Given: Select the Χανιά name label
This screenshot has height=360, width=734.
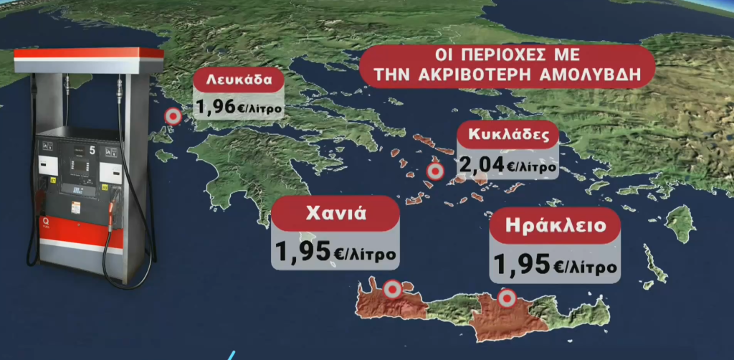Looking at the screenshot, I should pos(335,213).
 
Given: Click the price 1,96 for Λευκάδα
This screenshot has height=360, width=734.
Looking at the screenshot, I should pos(215,108).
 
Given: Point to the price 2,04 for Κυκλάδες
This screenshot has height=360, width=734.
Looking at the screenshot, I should pos(482,166).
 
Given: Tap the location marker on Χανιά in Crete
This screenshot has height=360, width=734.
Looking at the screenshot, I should pos(391,289).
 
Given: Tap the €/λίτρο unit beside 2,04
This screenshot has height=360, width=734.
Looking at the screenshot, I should pos(531,167).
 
